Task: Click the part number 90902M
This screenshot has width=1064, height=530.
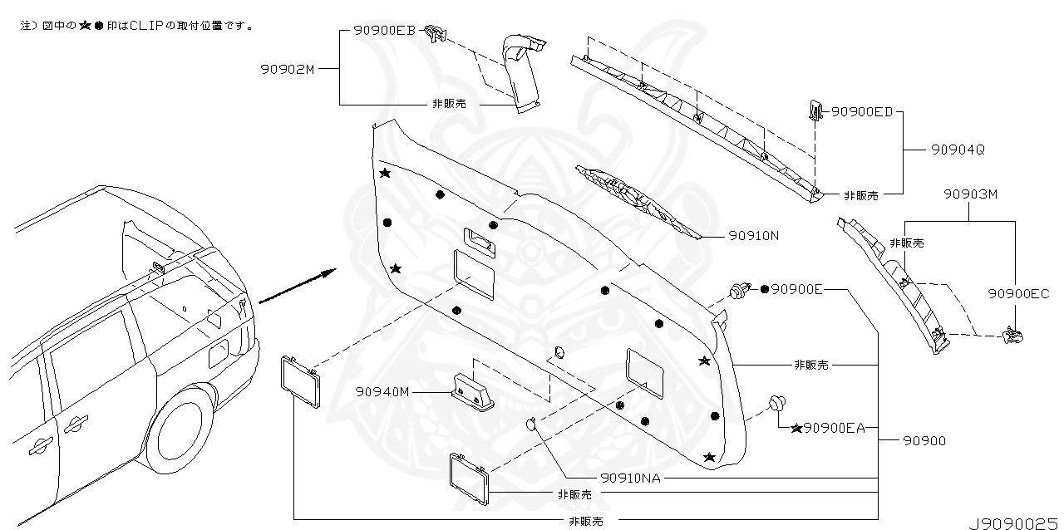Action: (287, 70)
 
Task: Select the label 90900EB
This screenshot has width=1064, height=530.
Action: (384, 30)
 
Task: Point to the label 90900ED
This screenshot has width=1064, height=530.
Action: (862, 111)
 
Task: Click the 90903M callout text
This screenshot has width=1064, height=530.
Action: (970, 194)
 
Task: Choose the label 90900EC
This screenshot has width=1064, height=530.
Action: (1018, 293)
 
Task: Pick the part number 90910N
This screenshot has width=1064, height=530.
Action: (754, 236)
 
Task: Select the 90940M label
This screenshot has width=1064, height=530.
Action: (382, 391)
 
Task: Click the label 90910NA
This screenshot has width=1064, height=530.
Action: (630, 478)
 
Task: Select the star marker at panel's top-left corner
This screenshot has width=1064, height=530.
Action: (385, 173)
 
